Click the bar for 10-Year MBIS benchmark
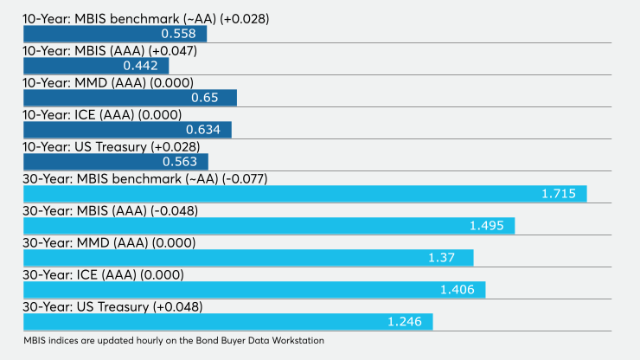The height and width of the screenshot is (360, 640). [x=115, y=34]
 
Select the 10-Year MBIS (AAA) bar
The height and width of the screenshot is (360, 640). [x=96, y=66]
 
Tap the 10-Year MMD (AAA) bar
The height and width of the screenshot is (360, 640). [x=131, y=98]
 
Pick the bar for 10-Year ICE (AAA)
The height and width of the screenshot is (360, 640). [x=127, y=130]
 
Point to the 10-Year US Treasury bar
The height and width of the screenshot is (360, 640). [x=116, y=162]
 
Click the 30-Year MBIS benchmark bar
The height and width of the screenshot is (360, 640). [x=305, y=194]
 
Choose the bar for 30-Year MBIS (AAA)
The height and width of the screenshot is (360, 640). [x=269, y=226]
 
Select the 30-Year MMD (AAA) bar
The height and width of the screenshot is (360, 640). [x=248, y=258]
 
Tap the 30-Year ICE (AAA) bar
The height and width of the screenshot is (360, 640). [x=254, y=290]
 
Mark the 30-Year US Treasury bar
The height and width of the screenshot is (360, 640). [x=228, y=322]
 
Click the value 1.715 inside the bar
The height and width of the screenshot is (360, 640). [x=559, y=194]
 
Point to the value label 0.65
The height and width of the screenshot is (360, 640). [x=204, y=98]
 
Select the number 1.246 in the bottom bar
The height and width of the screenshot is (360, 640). [x=405, y=322]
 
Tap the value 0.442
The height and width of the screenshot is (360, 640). [x=140, y=66]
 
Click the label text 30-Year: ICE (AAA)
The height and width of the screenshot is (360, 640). [x=80, y=275]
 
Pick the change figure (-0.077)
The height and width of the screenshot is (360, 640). [x=245, y=179]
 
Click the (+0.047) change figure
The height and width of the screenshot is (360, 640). [x=173, y=51]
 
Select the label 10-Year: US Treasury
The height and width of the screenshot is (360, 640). [x=85, y=147]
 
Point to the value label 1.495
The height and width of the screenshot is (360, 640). [x=487, y=226]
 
